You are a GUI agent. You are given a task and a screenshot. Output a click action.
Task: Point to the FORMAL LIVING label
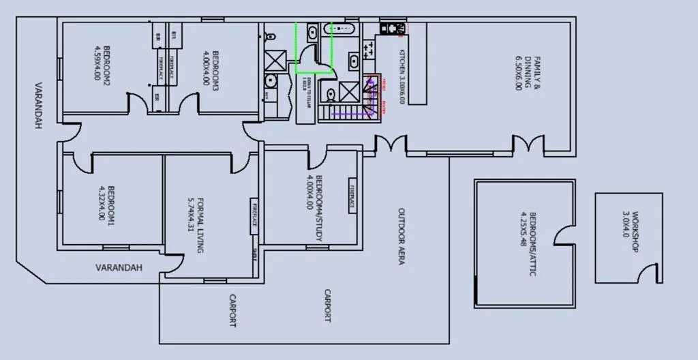[196, 226]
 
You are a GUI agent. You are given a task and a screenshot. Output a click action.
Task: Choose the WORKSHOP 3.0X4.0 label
[631, 232]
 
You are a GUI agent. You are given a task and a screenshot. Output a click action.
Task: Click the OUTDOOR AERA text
[401, 236]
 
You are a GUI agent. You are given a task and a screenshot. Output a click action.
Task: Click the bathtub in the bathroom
[342, 30]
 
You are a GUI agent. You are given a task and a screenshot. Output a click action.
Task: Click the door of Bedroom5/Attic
[565, 236]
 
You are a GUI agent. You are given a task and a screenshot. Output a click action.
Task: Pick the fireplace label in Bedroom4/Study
[352, 197]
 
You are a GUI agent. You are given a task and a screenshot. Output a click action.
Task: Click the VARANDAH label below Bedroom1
[119, 268]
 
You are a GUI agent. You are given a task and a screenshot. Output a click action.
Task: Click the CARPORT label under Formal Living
[232, 311]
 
